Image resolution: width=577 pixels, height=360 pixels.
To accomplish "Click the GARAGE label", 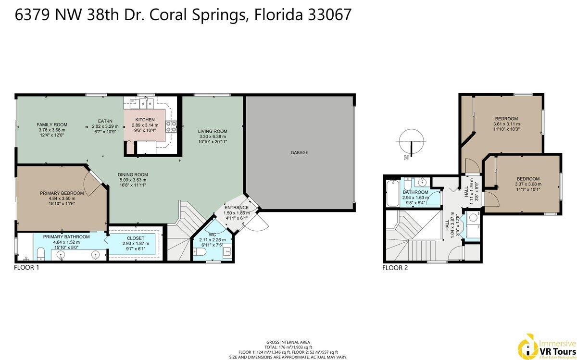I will pyautogui.click(x=299, y=152).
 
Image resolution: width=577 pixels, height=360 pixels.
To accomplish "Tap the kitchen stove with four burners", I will pyautogui.click(x=171, y=127).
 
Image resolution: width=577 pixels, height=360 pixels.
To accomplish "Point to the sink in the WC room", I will pyautogui.click(x=226, y=250).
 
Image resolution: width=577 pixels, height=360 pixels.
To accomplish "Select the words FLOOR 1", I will pyautogui.click(x=26, y=268).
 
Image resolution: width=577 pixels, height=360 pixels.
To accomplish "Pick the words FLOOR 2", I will pyautogui.click(x=395, y=268).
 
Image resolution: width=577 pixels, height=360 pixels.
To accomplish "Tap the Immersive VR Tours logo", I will pyautogui.click(x=546, y=345).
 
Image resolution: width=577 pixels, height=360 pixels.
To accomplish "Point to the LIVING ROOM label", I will pyautogui.click(x=213, y=131).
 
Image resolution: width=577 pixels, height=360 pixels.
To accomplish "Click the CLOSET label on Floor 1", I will pyautogui.click(x=135, y=238).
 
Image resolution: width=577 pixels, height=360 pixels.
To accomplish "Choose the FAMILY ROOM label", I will pyautogui.click(x=51, y=124).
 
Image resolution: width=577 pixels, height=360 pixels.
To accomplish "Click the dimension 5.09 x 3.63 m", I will pyautogui.click(x=133, y=180).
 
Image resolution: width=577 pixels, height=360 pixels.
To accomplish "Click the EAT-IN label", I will pyautogui.click(x=105, y=121).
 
